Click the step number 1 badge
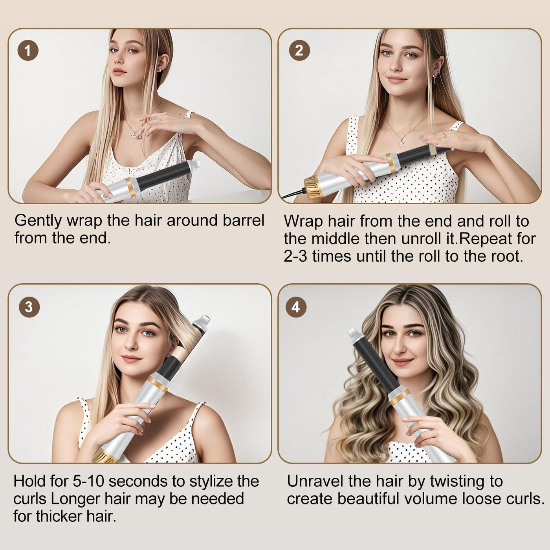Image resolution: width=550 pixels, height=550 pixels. click(x=28, y=51)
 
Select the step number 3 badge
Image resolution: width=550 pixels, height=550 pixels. click(x=29, y=307)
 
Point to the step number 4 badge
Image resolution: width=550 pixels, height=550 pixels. click(x=296, y=307)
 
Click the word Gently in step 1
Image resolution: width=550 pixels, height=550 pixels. click(x=38, y=221)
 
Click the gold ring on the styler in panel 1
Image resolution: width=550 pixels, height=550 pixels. click(x=131, y=187)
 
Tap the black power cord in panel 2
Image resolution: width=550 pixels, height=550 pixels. click(x=293, y=193)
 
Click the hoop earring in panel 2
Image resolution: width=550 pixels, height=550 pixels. click(x=434, y=79)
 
